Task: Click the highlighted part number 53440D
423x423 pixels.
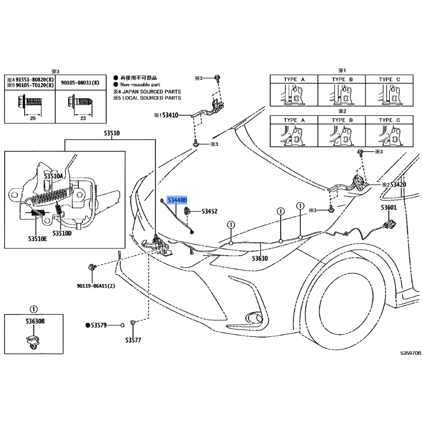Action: [177, 200]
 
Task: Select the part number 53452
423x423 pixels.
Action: [209, 211]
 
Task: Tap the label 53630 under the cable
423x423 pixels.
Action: [260, 259]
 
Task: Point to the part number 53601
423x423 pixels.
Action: [389, 207]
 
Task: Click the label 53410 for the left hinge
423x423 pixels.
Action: [170, 115]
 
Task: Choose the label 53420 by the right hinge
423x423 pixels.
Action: [398, 185]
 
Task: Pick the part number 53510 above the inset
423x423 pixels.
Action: [112, 133]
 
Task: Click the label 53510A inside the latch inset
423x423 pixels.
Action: [53, 176]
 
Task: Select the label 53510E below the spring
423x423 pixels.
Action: [38, 239]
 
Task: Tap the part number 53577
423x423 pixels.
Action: [133, 340]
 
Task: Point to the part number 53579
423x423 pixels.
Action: [99, 325]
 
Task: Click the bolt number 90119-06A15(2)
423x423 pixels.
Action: [96, 286]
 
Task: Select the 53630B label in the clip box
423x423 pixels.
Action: [35, 321]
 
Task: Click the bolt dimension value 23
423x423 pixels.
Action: [83, 118]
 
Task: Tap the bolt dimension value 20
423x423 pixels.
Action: [33, 118]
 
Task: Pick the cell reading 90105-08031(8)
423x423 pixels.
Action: [80, 82]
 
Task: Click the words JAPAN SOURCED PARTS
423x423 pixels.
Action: [152, 91]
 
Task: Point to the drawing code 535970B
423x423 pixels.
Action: [410, 353]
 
